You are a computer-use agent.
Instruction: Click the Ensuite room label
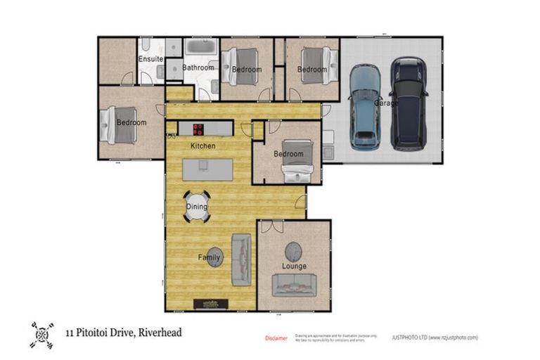click(x=150, y=59)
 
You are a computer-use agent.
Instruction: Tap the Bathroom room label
click(x=198, y=67)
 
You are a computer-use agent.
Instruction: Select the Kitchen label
click(x=203, y=146)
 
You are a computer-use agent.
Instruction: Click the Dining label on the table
click(x=197, y=207)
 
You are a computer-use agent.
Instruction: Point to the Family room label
click(x=209, y=258)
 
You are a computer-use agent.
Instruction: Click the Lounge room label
click(x=294, y=266)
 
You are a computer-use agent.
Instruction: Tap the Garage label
click(x=386, y=103)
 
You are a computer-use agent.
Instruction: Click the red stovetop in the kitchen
click(x=198, y=129)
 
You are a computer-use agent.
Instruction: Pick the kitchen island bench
click(x=207, y=169)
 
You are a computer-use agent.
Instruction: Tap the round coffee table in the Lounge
click(x=293, y=251)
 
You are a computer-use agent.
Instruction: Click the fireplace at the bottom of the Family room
click(x=211, y=304)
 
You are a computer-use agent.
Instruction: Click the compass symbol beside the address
click(x=42, y=334)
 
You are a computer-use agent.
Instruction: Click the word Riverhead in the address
click(x=160, y=333)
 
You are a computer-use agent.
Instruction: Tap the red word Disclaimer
click(x=276, y=338)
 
